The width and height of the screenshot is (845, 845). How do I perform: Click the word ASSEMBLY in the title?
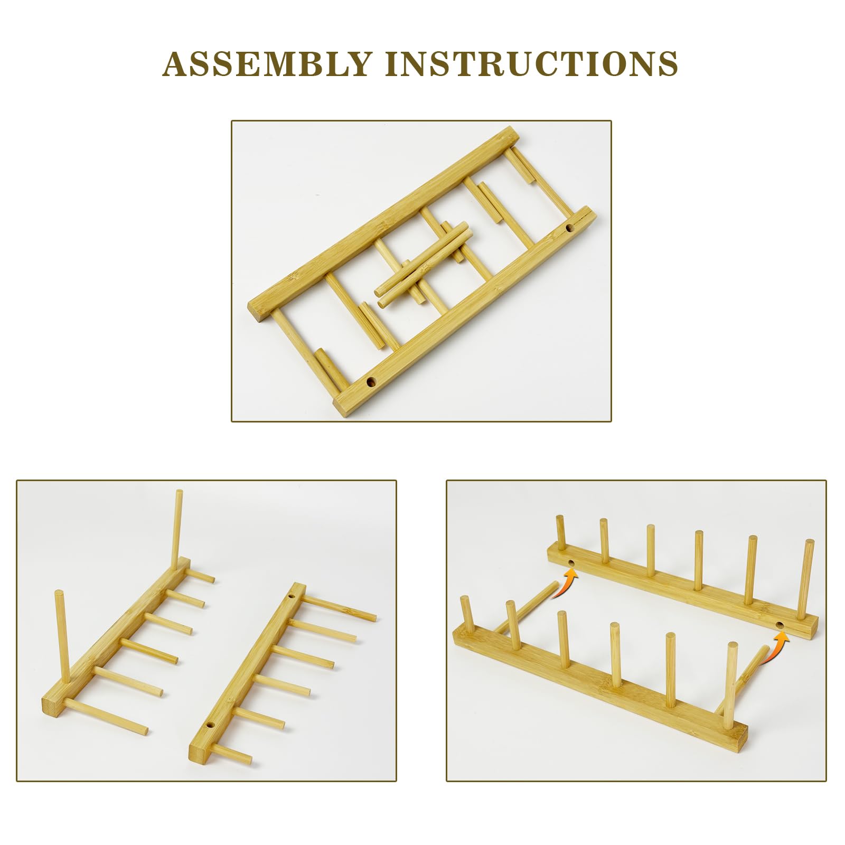coord(267,63)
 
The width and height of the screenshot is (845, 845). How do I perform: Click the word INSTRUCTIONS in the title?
coord(532,63)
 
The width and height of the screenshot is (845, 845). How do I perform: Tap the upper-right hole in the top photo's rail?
coord(570,229)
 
